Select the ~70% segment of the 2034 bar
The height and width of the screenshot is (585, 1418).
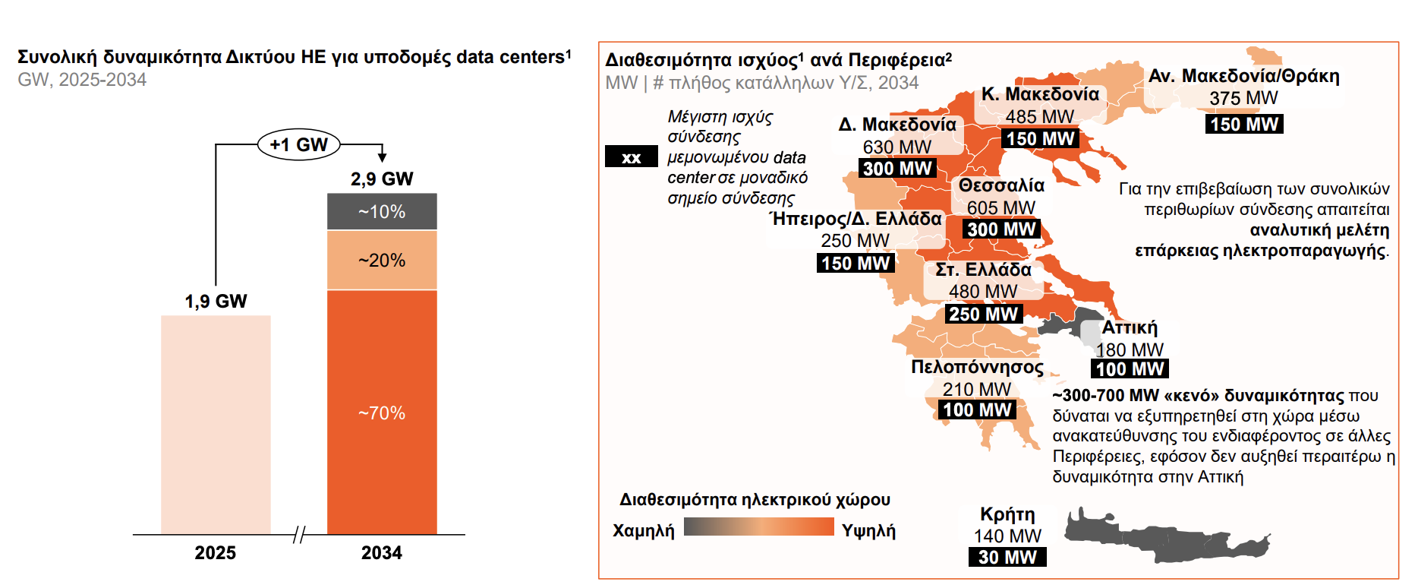(x=382, y=412)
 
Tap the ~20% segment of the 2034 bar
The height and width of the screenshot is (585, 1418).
(x=382, y=260)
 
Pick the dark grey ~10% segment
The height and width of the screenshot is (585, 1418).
(x=382, y=211)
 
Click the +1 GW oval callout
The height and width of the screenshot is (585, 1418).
(x=298, y=144)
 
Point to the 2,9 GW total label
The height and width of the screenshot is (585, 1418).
(x=382, y=179)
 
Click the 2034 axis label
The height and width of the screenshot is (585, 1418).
(x=382, y=552)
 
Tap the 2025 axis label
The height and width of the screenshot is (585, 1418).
(x=216, y=552)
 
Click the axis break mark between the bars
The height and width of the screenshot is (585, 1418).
(x=299, y=535)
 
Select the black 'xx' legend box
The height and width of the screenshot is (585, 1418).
(x=631, y=157)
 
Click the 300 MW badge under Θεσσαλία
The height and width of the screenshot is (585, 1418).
(x=1001, y=229)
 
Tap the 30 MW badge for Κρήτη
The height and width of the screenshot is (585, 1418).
(x=1007, y=557)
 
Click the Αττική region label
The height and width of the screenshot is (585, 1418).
(x=1130, y=327)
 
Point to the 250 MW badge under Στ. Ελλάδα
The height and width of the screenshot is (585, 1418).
(x=983, y=314)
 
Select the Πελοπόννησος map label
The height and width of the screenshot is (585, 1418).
(x=977, y=367)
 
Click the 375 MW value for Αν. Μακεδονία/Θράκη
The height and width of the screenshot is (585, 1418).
(x=1243, y=98)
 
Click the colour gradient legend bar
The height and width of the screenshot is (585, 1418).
(x=758, y=527)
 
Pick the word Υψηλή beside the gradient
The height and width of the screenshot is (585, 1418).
(x=868, y=530)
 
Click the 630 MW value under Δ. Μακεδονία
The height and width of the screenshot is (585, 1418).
(x=896, y=147)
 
